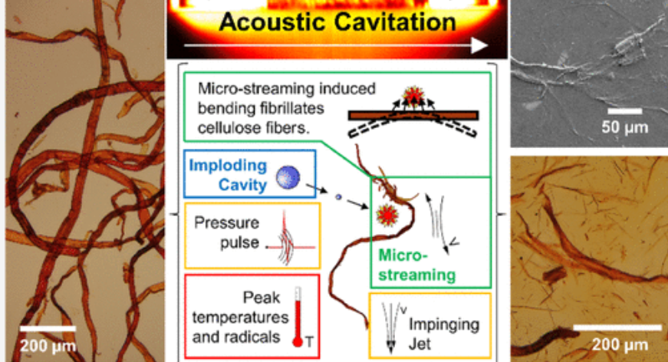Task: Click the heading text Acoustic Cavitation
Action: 337,21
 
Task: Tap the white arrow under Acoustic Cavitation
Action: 338,46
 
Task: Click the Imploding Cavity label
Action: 229,175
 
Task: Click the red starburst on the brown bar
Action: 414,98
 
